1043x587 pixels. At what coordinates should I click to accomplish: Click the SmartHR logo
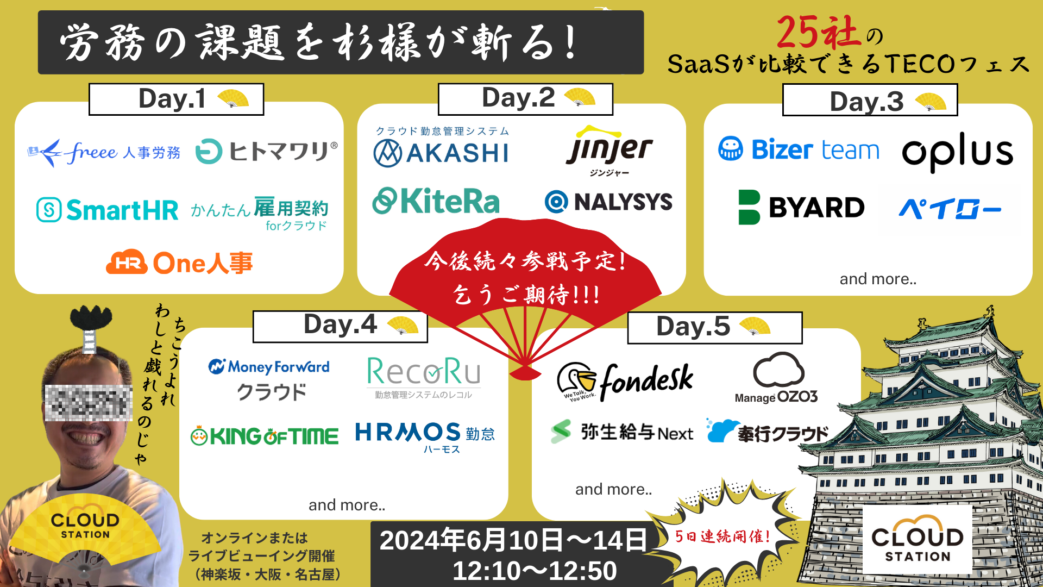108,210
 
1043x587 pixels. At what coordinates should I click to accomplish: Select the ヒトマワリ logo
266,151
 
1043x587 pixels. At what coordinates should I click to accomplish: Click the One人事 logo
180,263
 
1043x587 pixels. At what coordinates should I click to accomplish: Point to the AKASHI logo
441,152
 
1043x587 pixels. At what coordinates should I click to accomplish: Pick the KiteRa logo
436,202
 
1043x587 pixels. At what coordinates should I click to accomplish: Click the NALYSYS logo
609,202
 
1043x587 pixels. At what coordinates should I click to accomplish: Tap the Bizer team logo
799,149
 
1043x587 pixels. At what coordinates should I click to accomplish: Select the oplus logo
958,152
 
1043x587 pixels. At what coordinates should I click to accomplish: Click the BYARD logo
801,208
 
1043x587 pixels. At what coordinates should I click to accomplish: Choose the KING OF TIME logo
265,436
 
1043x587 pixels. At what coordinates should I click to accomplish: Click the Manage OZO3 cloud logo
777,378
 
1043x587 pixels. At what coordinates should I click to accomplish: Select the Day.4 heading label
340,325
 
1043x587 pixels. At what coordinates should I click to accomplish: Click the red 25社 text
818,33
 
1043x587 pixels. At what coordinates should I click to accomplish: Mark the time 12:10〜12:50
535,571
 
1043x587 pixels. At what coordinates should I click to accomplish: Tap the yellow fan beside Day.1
233,98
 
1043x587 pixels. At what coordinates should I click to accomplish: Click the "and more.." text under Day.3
878,279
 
